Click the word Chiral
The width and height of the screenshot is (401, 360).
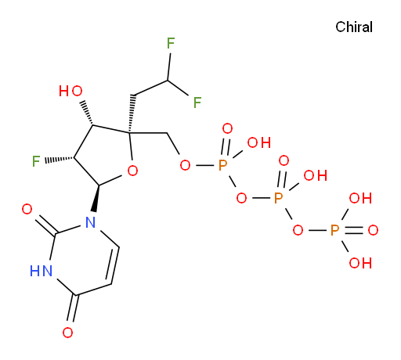coord(354,27)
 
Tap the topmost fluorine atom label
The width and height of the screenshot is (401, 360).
coord(171,43)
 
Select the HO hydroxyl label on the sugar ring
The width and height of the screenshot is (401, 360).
coord(70,91)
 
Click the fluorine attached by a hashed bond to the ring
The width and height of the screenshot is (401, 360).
coord(36,161)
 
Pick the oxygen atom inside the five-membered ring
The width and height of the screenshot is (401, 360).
coord(132,171)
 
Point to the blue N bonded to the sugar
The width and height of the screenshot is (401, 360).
coord(90,222)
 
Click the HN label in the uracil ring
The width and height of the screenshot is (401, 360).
coord(41,271)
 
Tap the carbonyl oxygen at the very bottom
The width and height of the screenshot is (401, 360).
coord(67,333)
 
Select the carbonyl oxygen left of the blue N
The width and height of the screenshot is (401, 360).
coord(27,209)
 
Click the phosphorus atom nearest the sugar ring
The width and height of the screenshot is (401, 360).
coord(222,165)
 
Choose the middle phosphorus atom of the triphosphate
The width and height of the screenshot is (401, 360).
coord(279,198)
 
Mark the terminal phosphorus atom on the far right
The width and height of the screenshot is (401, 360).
coord(334,230)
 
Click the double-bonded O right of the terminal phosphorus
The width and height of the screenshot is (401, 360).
coord(373,230)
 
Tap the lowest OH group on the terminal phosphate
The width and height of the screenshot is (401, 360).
coord(360,263)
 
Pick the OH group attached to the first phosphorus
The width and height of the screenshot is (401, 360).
coord(259,142)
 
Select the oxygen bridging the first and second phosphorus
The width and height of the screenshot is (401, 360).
coord(241,198)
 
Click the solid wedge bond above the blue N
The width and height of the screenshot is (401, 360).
coord(96,198)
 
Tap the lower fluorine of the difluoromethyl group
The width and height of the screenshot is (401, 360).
coord(197,103)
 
